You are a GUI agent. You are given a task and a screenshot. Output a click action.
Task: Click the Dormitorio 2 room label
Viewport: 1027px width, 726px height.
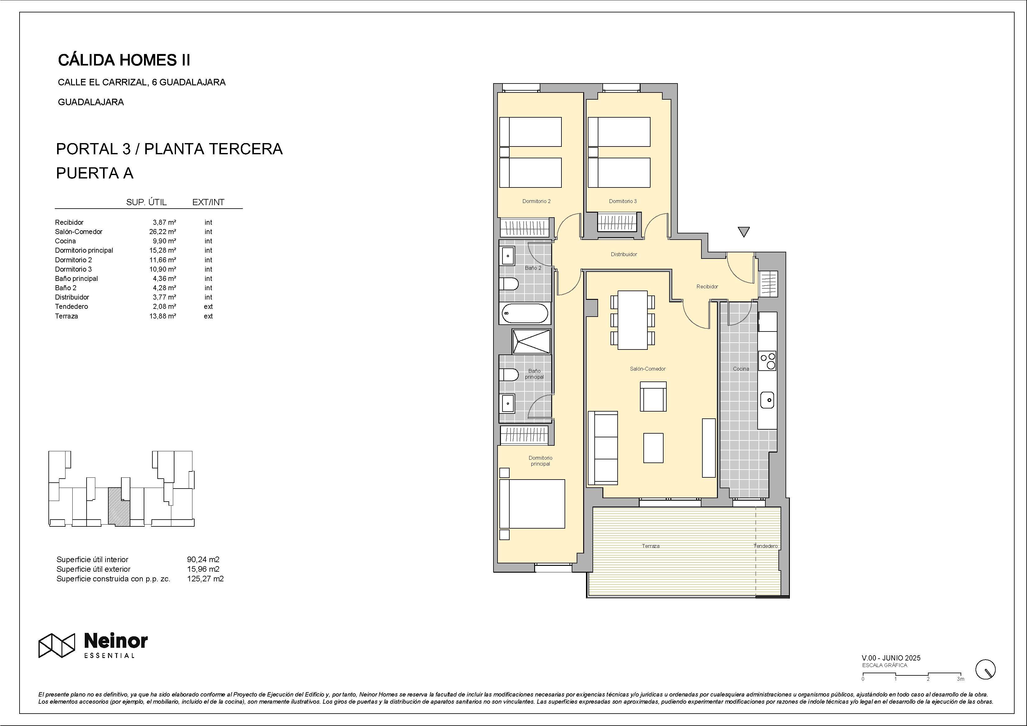pyautogui.click(x=536, y=201)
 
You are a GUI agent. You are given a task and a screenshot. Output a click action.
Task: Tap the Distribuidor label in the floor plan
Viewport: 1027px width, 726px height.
pyautogui.click(x=624, y=255)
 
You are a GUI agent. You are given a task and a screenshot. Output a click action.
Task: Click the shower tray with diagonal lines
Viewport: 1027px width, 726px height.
pyautogui.click(x=531, y=342)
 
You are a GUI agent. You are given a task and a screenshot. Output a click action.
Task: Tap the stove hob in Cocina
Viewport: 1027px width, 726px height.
pyautogui.click(x=768, y=361)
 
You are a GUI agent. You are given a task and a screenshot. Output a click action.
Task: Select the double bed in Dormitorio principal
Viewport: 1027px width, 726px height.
pyautogui.click(x=532, y=504)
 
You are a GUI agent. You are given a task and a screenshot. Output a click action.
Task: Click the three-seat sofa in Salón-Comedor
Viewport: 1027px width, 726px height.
pyautogui.click(x=603, y=448)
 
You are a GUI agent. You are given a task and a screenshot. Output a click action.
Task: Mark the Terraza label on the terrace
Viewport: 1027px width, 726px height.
pyautogui.click(x=651, y=546)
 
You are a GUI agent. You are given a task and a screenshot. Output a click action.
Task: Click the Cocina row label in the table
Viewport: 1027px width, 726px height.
pyautogui.click(x=65, y=241)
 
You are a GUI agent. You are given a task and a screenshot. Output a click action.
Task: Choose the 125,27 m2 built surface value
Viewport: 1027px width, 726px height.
pyautogui.click(x=205, y=578)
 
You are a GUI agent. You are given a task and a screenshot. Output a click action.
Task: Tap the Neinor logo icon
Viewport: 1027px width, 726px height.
pyautogui.click(x=56, y=646)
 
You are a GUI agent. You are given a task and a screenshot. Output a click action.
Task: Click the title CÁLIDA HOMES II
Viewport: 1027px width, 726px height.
pyautogui.click(x=124, y=60)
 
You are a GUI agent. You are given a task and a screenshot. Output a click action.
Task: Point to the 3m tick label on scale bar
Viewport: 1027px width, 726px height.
pyautogui.click(x=960, y=679)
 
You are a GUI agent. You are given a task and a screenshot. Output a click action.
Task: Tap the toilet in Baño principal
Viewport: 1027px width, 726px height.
pyautogui.click(x=509, y=374)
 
